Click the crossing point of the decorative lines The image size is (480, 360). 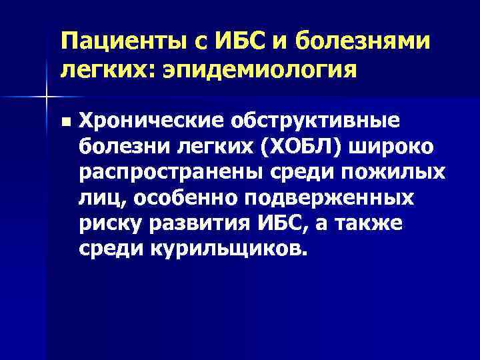click(46, 98)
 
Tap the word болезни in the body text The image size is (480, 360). click(117, 146)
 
